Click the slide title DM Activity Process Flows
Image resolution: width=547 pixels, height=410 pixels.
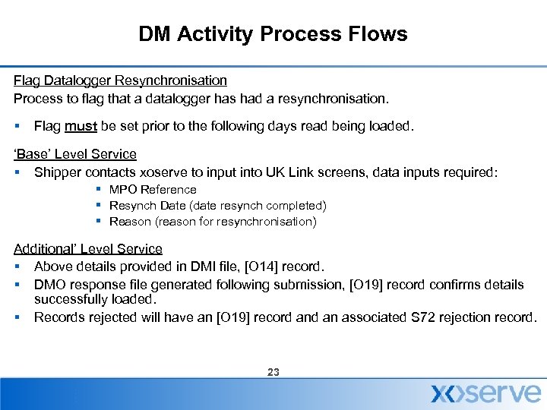point(273,34)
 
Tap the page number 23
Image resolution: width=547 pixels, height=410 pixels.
point(273,372)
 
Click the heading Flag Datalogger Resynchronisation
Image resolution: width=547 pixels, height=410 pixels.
point(120,80)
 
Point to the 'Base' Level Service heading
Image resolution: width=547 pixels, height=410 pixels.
point(75,154)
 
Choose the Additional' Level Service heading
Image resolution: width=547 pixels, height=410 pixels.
point(88,249)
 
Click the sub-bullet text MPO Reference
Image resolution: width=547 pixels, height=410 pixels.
point(153,190)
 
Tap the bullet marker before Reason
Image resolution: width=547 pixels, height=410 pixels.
point(99,222)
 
